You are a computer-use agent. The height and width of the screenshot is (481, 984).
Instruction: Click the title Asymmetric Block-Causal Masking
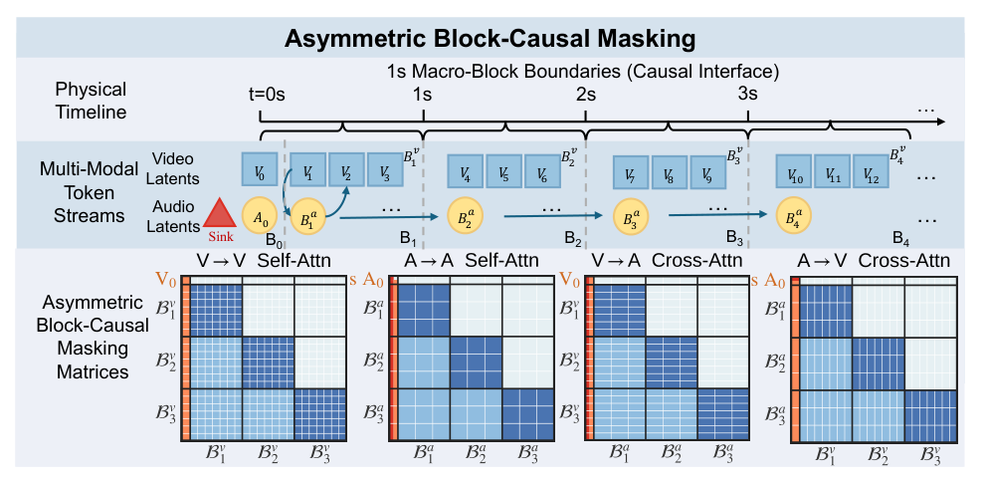pyautogui.click(x=492, y=39)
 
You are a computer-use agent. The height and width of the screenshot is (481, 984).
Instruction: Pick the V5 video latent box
pyautogui.click(x=504, y=171)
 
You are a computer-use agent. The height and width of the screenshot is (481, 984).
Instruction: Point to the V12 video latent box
pyautogui.click(x=871, y=172)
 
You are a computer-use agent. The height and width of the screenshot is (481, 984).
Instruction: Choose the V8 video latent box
pyautogui.click(x=669, y=171)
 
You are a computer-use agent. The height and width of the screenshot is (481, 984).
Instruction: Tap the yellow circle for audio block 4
pyautogui.click(x=793, y=216)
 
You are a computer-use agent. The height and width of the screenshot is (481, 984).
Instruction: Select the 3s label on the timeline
pyautogui.click(x=747, y=95)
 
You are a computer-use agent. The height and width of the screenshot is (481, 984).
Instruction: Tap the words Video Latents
pyautogui.click(x=179, y=168)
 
